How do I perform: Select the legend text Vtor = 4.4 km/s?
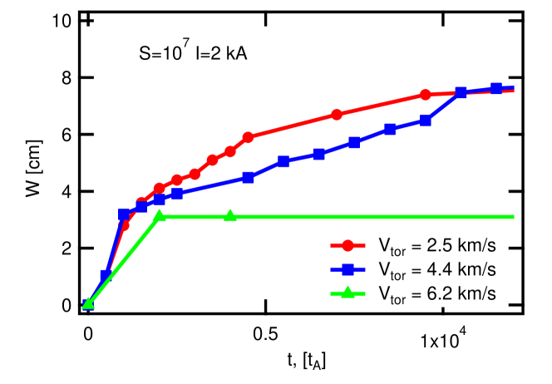pos(437,269)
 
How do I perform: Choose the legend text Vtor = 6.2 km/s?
pos(437,293)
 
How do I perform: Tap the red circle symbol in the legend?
pos(348,245)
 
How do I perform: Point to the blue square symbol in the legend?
pos(348,268)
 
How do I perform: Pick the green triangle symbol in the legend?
pos(348,292)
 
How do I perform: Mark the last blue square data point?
pos(496,88)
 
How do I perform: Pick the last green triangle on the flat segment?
pos(230,216)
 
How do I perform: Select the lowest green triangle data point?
pos(88,303)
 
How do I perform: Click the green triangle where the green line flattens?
pos(160,216)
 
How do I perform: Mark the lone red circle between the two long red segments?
pos(337,115)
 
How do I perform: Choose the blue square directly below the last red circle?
pos(426,121)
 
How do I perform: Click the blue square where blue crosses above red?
pos(461,92)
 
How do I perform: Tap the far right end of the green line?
pos(514,217)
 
